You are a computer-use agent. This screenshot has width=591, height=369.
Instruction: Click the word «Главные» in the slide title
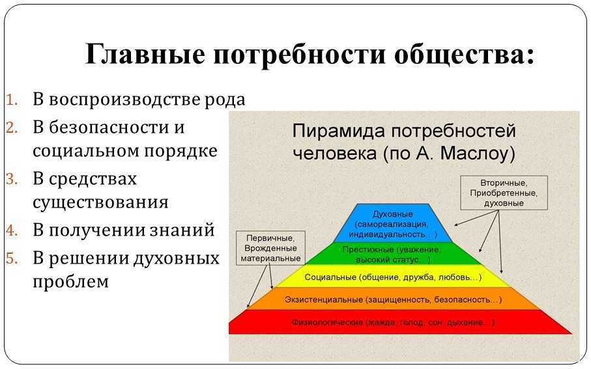point(145,54)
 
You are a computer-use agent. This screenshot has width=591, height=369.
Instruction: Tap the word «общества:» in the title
point(465,55)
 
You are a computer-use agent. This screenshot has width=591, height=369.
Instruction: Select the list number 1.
point(12,100)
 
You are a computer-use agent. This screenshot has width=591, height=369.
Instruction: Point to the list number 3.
point(12,179)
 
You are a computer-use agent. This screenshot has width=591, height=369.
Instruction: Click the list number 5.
point(12,258)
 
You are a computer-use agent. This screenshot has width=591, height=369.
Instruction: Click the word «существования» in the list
point(100,202)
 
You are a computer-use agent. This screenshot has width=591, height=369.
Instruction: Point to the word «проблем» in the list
point(70,281)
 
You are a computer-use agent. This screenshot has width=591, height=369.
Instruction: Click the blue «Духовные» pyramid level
point(392,223)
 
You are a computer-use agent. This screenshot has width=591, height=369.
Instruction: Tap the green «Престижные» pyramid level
point(392,253)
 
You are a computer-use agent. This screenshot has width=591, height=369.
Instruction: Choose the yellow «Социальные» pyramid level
point(392,276)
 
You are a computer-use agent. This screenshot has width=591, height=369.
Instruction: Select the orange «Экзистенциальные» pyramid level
point(392,299)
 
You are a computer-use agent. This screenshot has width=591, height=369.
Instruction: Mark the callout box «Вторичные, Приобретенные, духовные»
point(504,193)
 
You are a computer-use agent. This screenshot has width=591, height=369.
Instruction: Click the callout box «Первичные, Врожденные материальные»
point(270,248)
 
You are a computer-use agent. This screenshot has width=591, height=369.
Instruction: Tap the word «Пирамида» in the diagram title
point(339,131)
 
